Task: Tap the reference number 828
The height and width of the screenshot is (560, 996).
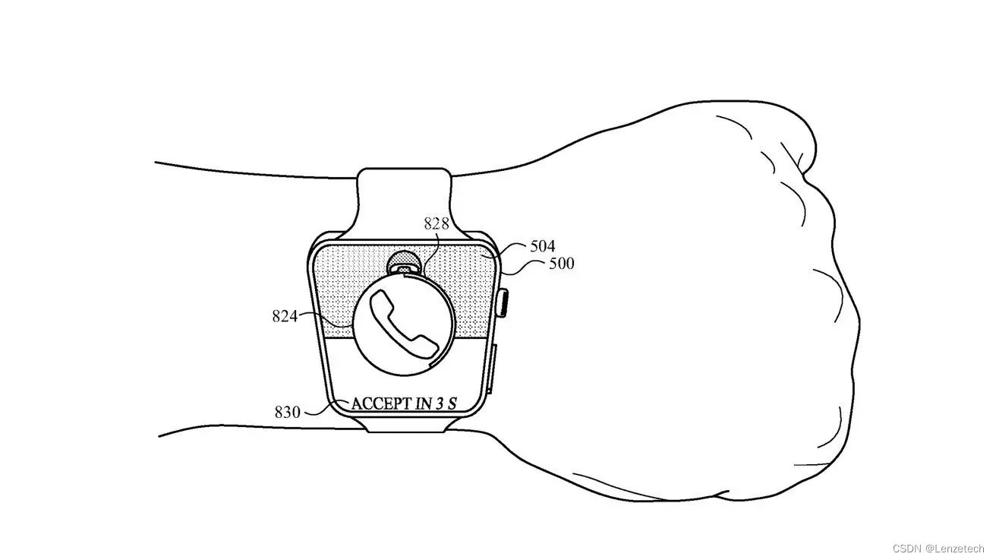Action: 436,223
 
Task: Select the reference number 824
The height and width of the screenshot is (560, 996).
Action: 285,316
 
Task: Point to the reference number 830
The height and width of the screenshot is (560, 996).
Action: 288,413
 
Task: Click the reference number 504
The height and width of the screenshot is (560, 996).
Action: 542,246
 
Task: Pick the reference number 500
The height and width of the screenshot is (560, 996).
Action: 561,264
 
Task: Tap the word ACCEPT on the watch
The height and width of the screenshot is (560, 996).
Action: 380,403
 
